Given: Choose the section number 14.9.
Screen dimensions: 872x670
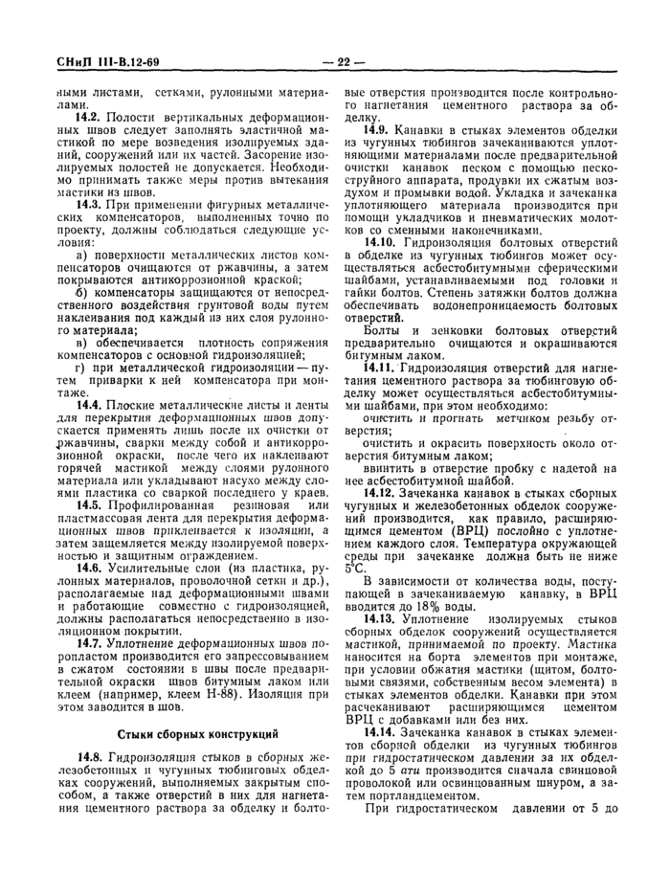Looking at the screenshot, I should point(373,129).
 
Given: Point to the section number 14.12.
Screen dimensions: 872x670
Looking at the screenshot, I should point(376,493).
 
